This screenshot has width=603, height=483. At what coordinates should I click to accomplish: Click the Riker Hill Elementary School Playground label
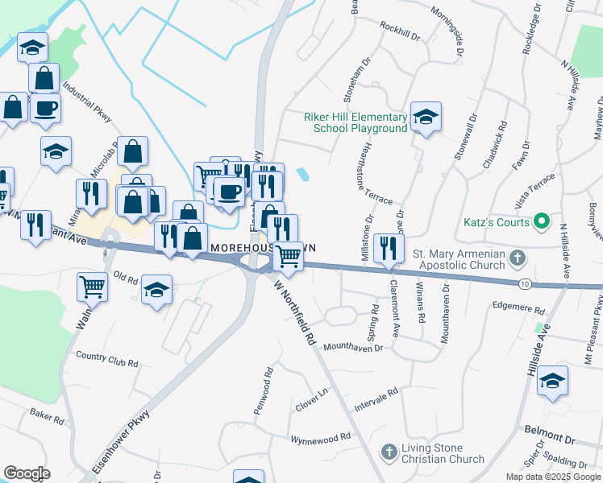tap(356, 122)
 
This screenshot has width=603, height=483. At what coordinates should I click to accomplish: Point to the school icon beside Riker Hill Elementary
tap(425, 118)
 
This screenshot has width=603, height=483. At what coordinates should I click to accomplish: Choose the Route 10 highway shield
tap(524, 284)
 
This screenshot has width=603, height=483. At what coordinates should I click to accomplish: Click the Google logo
tap(27, 473)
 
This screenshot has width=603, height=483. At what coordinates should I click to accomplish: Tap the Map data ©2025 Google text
tap(552, 477)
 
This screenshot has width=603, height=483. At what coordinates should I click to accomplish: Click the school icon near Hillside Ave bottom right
tap(552, 381)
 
